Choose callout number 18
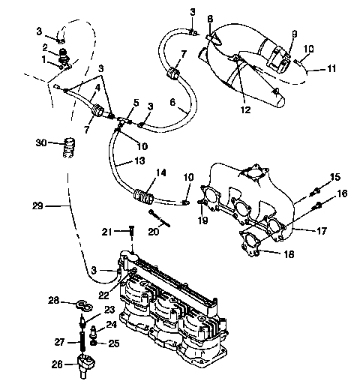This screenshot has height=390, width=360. click(x=288, y=255)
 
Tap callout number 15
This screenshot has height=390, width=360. click(x=335, y=177)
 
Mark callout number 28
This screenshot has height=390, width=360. click(x=54, y=301)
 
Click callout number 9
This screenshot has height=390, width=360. click(x=294, y=34)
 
